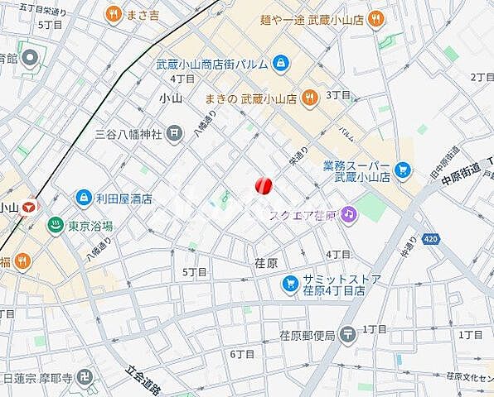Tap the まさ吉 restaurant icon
pyautogui.click(x=114, y=14)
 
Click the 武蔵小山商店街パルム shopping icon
pyautogui.click(x=281, y=63)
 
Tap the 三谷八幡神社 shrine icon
pyautogui.click(x=175, y=132)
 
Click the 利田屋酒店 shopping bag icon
pyautogui.click(x=84, y=198)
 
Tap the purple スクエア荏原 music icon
pyautogui.click(x=349, y=215)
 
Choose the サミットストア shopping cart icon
pyautogui.click(x=289, y=285)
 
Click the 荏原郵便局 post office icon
pyautogui.click(x=348, y=334)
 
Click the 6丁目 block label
pyautogui.click(x=242, y=354)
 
